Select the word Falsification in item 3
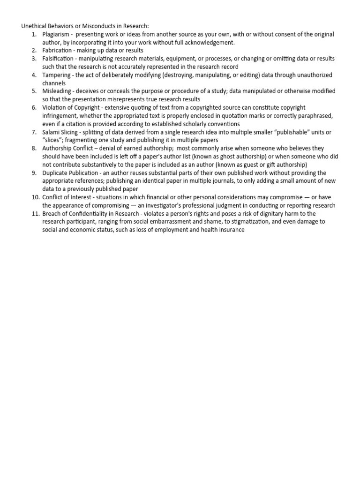click(x=58, y=59)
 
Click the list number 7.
click(x=34, y=132)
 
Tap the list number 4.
click(x=34, y=75)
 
